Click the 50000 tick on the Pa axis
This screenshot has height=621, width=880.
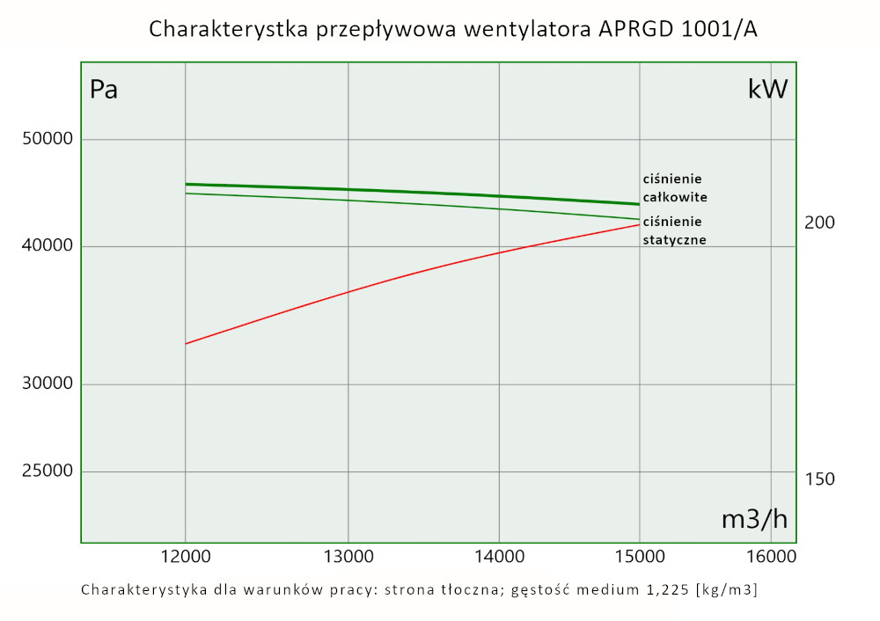[x=46, y=139]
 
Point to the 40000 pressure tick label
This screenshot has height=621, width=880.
[x=46, y=246]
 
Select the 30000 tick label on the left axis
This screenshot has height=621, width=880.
[x=46, y=384]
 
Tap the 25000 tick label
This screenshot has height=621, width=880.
[x=46, y=471]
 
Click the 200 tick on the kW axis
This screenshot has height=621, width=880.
[x=819, y=223]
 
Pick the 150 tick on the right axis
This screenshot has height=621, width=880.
[x=819, y=479]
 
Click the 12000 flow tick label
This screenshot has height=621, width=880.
[x=185, y=558]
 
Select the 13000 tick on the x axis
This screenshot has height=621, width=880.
[x=348, y=558]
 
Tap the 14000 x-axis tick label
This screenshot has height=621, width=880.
[x=499, y=558]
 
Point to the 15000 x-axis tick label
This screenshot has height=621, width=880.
[x=639, y=558]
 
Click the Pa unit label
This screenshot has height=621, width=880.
[x=104, y=90]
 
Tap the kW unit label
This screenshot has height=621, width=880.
[x=767, y=90]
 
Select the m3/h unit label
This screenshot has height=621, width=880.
[x=754, y=520]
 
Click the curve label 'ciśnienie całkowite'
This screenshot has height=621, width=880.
[x=674, y=187]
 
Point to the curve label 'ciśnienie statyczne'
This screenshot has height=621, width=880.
[x=674, y=230]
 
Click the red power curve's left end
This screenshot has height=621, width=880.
[x=186, y=343]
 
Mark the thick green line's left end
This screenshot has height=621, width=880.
[x=186, y=184]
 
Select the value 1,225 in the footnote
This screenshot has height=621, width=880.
[x=664, y=589]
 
